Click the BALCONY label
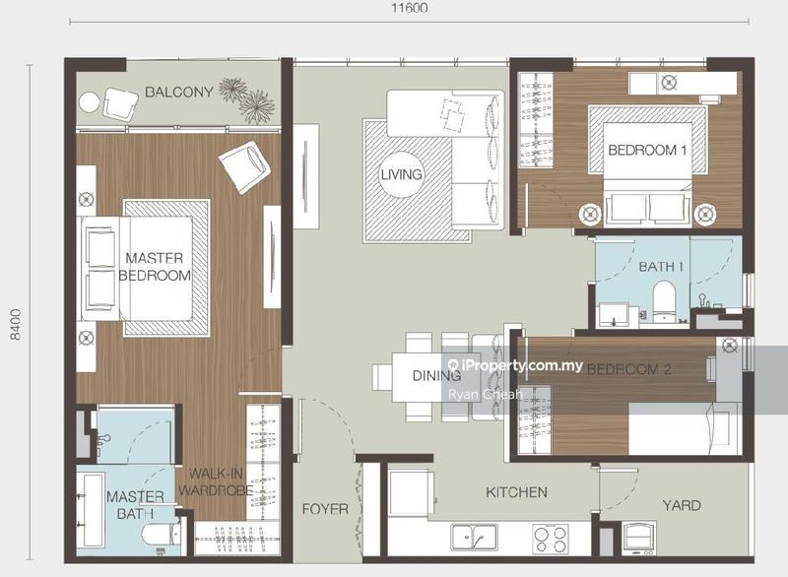179,92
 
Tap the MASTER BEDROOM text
155,267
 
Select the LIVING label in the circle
401,174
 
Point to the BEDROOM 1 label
647,150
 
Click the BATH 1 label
661,267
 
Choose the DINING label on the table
436,375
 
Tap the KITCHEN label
516,492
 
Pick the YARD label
682,505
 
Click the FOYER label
325,509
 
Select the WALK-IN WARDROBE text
216,481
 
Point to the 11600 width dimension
410,8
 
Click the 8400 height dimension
16,324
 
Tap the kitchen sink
474,537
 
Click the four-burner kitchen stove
551,539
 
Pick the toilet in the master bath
161,535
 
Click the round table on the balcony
90,104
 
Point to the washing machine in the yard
639,538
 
